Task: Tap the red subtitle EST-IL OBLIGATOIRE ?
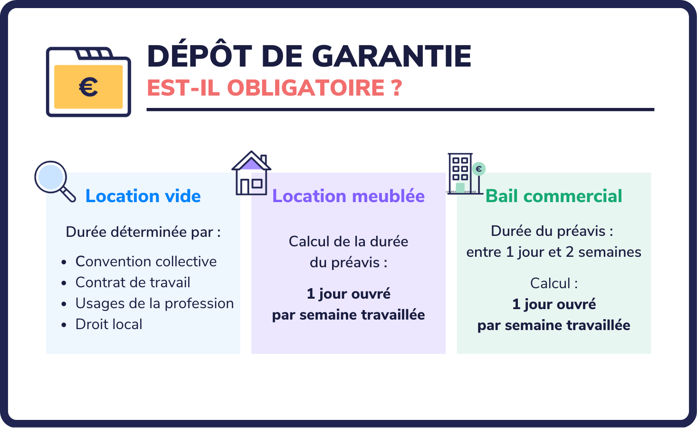click(275, 88)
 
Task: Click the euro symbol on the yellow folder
click(88, 87)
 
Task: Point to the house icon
click(251, 173)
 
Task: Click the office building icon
click(460, 173)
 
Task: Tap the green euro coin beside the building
click(479, 169)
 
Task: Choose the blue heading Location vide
click(143, 196)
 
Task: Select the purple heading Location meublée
click(348, 196)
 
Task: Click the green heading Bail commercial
click(554, 196)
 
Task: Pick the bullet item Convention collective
click(146, 262)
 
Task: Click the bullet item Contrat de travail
click(133, 282)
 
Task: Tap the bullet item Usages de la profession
click(154, 303)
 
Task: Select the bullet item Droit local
click(109, 324)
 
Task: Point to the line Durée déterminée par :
click(143, 232)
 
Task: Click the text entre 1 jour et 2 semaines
click(554, 252)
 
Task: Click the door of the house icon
click(245, 186)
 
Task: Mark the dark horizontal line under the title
click(400, 109)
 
